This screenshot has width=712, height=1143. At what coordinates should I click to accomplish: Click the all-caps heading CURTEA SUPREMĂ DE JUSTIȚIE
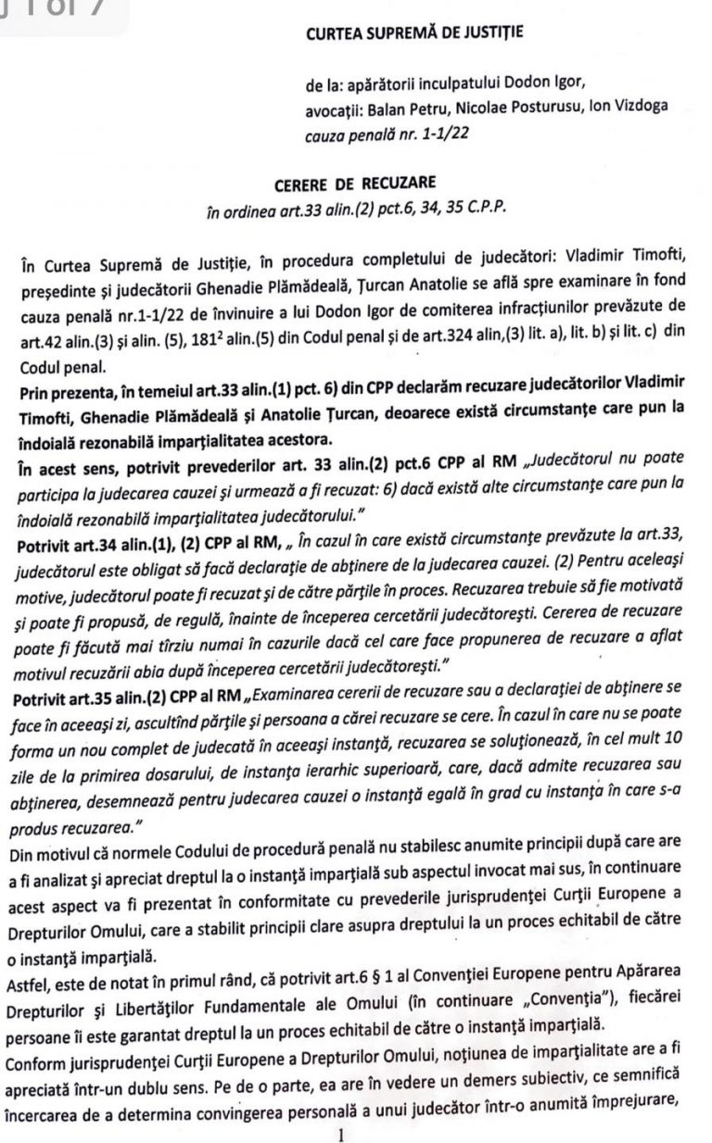(x=413, y=34)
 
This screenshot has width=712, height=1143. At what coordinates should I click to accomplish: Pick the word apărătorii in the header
(x=380, y=87)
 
